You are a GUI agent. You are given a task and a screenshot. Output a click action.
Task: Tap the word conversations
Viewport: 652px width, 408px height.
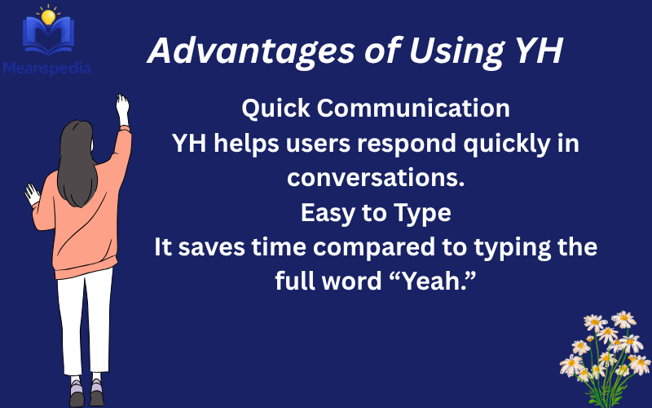pyautogui.click(x=376, y=178)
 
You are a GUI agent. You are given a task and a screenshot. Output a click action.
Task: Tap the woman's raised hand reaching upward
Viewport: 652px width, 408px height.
pyautogui.click(x=122, y=109)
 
